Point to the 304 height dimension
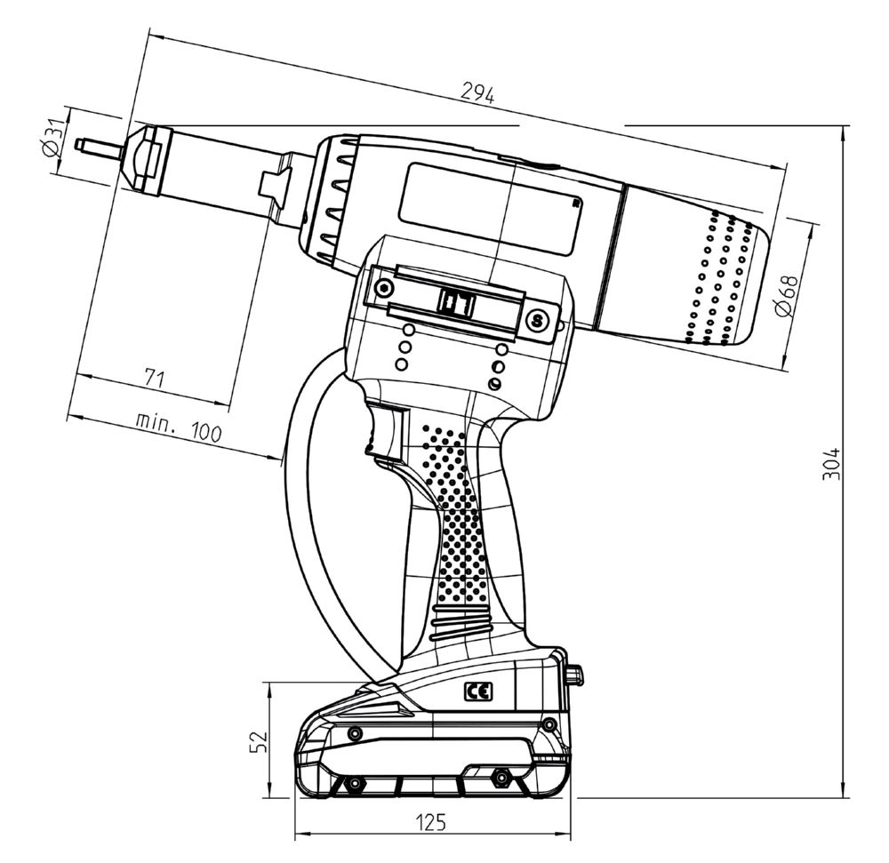click(829, 462)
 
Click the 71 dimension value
click(154, 379)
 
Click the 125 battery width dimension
click(431, 822)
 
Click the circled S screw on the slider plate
click(535, 319)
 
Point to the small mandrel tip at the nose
click(97, 146)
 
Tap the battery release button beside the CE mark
click(575, 675)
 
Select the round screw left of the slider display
click(383, 289)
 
